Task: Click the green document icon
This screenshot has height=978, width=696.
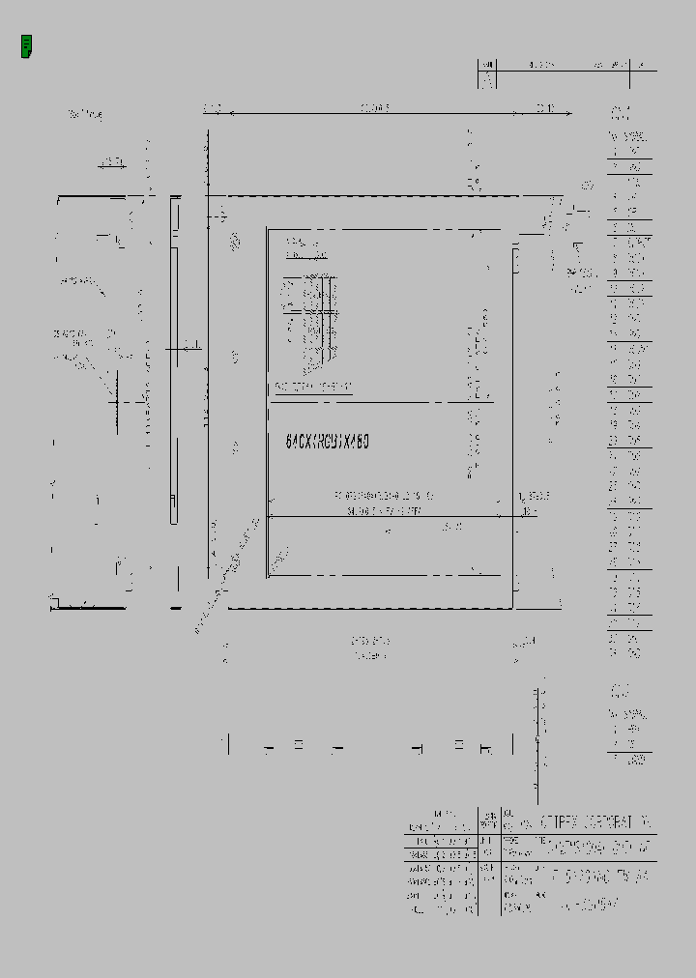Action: pyautogui.click(x=27, y=45)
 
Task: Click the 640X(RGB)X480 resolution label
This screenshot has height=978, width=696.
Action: pyautogui.click(x=328, y=441)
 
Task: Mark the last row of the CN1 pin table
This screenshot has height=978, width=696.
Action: pyautogui.click(x=629, y=653)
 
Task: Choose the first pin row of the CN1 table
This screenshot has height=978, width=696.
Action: pyautogui.click(x=629, y=152)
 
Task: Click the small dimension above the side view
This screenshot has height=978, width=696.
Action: pyautogui.click(x=113, y=160)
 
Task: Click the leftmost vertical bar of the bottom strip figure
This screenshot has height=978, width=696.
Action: pyautogui.click(x=228, y=744)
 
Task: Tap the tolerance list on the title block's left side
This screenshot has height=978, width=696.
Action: pyautogui.click(x=442, y=865)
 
